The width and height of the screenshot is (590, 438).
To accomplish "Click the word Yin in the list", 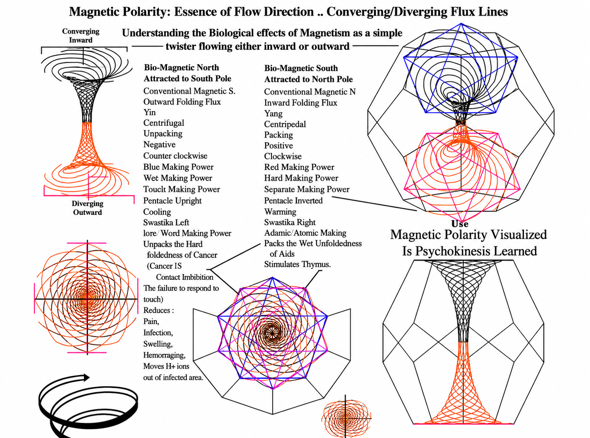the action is (x=149, y=112).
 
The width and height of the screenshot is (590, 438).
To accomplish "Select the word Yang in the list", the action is (x=273, y=114).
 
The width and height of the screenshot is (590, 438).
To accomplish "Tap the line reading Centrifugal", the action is (x=164, y=123).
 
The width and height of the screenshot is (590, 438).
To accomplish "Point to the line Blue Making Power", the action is (x=178, y=167).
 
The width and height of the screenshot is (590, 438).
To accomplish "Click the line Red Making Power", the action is (x=299, y=167).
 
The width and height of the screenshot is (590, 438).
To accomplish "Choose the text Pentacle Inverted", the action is (x=293, y=201).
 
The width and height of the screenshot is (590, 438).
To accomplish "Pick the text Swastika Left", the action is (x=166, y=222).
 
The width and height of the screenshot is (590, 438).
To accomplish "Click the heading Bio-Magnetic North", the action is (x=181, y=67).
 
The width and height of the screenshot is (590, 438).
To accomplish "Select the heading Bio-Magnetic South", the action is (x=301, y=68).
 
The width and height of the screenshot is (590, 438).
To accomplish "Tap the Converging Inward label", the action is (x=80, y=36).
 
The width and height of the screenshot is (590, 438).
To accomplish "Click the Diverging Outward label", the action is (x=87, y=208).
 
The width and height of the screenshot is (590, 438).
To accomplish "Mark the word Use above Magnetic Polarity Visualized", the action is (x=460, y=223).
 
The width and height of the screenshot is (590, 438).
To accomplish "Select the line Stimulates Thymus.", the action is (x=297, y=264).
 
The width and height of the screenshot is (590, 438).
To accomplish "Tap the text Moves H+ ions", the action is (x=166, y=366).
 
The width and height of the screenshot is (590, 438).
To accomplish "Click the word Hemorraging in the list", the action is (x=165, y=355).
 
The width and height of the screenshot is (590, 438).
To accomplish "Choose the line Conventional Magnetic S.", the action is (x=189, y=91).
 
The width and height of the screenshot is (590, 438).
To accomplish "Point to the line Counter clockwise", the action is (x=175, y=156).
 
